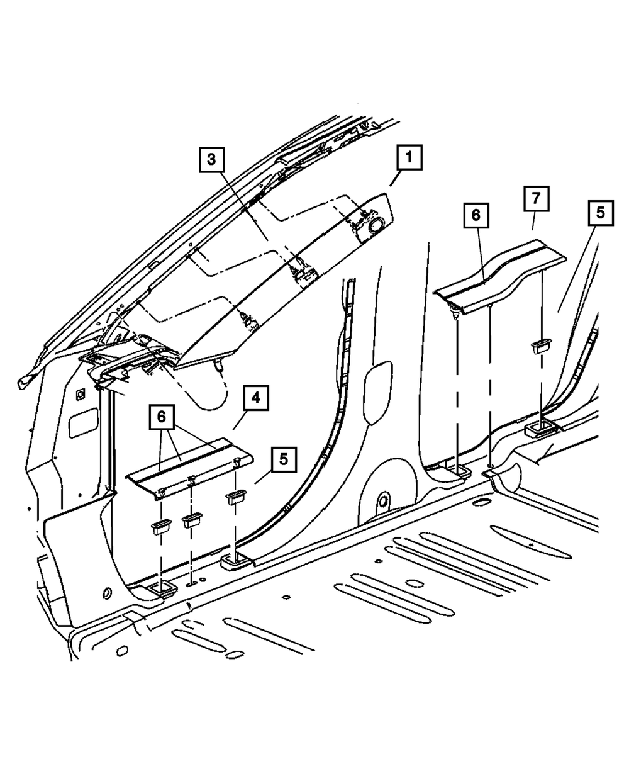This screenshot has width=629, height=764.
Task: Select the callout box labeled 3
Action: click(211, 160)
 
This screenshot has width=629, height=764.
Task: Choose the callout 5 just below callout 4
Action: click(284, 458)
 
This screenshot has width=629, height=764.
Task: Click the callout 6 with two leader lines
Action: click(162, 416)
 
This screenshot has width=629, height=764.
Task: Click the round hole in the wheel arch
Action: click(381, 502)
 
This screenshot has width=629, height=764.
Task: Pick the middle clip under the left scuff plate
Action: click(191, 520)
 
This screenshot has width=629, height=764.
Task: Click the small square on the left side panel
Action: click(80, 395)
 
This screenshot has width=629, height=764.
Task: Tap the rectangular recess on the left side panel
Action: click(83, 422)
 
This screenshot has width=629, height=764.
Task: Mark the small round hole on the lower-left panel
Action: click(106, 593)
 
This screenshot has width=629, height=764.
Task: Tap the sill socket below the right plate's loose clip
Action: click(542, 430)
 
